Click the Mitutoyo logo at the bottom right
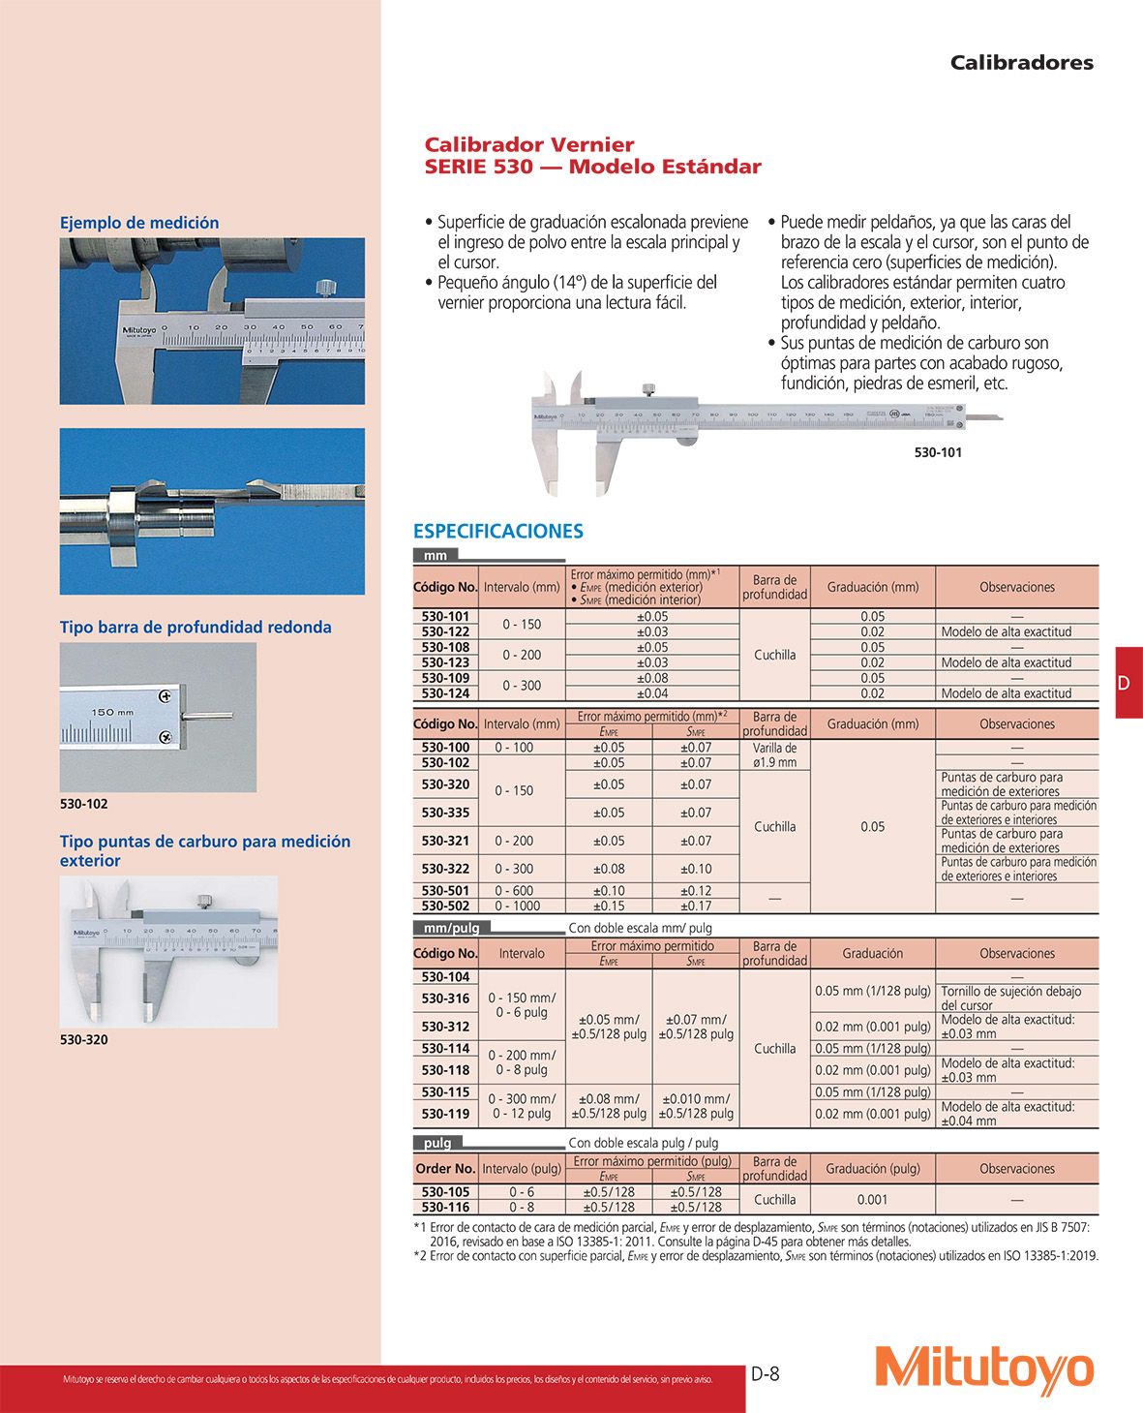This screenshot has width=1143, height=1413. point(984,1369)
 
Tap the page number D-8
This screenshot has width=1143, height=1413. point(765,1373)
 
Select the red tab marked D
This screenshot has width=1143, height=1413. point(1128,682)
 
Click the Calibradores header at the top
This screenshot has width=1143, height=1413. point(1021,63)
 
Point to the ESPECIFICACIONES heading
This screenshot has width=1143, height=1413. point(497,531)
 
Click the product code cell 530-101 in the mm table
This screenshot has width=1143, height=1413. point(445,616)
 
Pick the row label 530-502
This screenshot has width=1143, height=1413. point(445,906)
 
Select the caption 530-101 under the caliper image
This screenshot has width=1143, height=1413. point(937,452)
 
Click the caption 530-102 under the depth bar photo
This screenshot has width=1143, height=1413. point(84,804)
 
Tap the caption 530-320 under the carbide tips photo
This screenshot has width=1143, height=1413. point(84,1039)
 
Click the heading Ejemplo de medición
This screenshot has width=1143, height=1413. point(139,223)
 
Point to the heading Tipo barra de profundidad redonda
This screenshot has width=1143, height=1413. point(196,627)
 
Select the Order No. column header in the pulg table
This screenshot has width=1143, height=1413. point(445,1168)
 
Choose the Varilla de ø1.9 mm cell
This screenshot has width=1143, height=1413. point(774,754)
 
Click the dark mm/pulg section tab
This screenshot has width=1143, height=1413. point(451,928)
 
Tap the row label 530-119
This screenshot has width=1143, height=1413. point(445,1114)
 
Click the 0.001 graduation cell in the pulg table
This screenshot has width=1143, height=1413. point(872,1199)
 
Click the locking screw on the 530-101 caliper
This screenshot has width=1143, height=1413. point(647,390)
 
